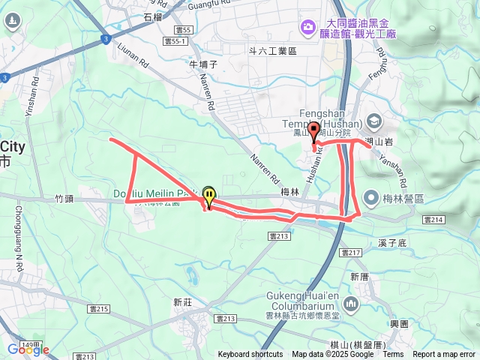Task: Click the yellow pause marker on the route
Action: point(208,196)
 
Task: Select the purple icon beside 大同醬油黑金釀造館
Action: point(307,28)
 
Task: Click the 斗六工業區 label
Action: point(274,51)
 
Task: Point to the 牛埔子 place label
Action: point(203,64)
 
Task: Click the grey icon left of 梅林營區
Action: point(370,197)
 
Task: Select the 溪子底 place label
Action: point(392,244)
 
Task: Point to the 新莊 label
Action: point(183,303)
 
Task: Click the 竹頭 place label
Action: point(64,199)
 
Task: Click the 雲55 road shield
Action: point(183,30)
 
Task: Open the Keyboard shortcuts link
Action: point(250,355)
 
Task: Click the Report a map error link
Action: point(444,355)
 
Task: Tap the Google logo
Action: point(28,349)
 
